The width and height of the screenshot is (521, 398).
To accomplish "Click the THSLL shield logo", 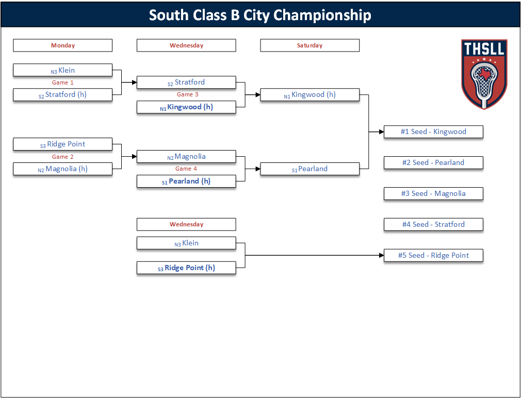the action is pyautogui.click(x=484, y=74).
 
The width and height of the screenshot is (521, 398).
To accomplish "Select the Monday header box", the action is pyautogui.click(x=63, y=45).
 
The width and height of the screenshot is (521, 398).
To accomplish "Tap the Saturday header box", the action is pyautogui.click(x=310, y=45).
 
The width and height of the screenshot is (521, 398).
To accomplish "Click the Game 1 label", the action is pyautogui.click(x=63, y=82).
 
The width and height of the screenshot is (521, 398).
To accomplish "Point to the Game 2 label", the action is pyautogui.click(x=63, y=157).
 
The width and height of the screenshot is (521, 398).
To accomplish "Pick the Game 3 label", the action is pyautogui.click(x=187, y=95).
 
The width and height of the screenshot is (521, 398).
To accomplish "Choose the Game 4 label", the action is pyautogui.click(x=186, y=169).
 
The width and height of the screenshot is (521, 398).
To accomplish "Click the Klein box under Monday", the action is pyautogui.click(x=63, y=70).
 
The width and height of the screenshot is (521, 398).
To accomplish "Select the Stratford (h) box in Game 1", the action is pyautogui.click(x=63, y=95).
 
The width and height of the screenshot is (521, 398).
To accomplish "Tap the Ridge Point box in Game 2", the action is pyautogui.click(x=63, y=144).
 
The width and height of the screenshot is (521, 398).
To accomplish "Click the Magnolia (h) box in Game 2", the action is pyautogui.click(x=63, y=169).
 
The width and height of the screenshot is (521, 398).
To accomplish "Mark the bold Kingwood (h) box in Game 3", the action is pyautogui.click(x=186, y=107).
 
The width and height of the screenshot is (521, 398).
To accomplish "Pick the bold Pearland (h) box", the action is pyautogui.click(x=186, y=181).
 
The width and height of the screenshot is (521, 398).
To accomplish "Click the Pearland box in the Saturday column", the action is pyautogui.click(x=310, y=169).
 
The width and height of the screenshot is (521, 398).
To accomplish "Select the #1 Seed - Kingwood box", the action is pyautogui.click(x=433, y=132).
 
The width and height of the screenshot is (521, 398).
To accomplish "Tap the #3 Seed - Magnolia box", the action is pyautogui.click(x=433, y=193).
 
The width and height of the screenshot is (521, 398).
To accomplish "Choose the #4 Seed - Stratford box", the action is pyautogui.click(x=433, y=224).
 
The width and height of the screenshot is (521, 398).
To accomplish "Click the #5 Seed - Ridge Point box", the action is pyautogui.click(x=433, y=256).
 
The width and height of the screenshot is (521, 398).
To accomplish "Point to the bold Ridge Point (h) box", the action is pyautogui.click(x=186, y=268).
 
